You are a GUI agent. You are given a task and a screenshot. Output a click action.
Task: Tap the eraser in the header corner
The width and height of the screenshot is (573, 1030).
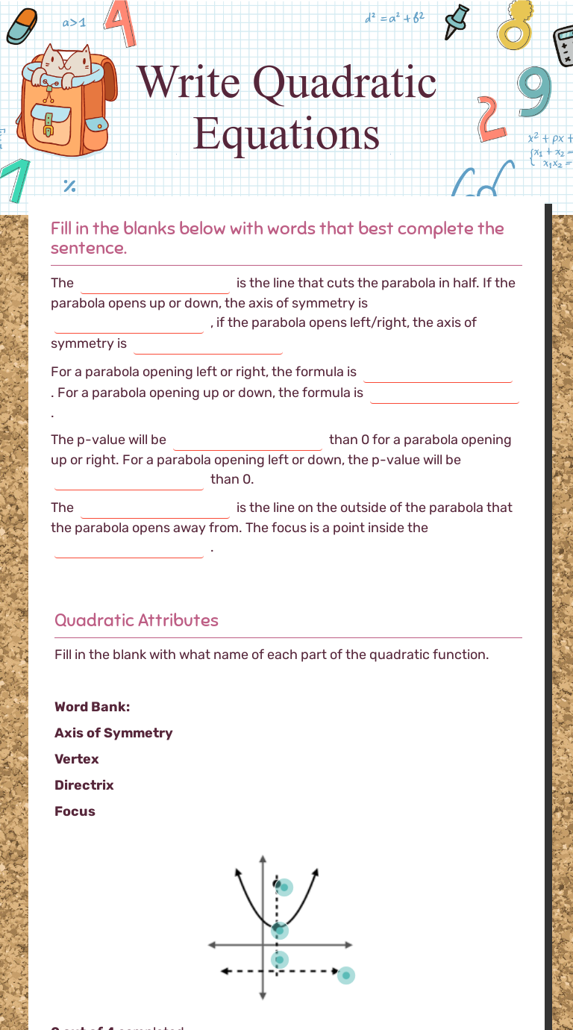(x=22, y=27)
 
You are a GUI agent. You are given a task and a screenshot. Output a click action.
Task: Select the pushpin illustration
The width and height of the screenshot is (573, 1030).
(x=456, y=22)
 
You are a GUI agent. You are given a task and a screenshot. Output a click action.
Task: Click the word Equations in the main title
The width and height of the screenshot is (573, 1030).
(x=287, y=133)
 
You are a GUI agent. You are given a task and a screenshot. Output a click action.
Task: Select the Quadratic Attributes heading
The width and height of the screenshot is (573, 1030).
(x=137, y=620)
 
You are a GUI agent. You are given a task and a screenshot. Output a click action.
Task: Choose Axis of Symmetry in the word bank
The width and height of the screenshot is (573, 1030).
(x=113, y=733)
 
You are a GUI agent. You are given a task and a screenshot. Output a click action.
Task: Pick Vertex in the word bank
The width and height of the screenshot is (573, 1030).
(x=77, y=759)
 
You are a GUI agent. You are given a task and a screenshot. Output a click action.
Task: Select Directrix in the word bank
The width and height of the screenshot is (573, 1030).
(x=84, y=785)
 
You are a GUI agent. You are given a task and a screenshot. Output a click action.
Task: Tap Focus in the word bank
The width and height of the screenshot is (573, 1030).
(x=75, y=811)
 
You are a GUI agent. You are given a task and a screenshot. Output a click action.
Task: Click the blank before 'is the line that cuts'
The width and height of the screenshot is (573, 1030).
(x=155, y=284)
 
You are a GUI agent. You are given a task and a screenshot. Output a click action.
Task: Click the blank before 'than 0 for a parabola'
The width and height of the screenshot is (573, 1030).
(x=248, y=441)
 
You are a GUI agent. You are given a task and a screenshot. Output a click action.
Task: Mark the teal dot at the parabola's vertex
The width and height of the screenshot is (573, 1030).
(x=280, y=929)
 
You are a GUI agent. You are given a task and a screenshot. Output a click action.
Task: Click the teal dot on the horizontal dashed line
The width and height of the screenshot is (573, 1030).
(x=345, y=975)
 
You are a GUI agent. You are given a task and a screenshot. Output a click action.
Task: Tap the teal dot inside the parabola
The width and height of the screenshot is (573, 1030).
(x=284, y=887)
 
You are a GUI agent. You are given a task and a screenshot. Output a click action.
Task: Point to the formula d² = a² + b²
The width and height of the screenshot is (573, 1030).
(x=395, y=16)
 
